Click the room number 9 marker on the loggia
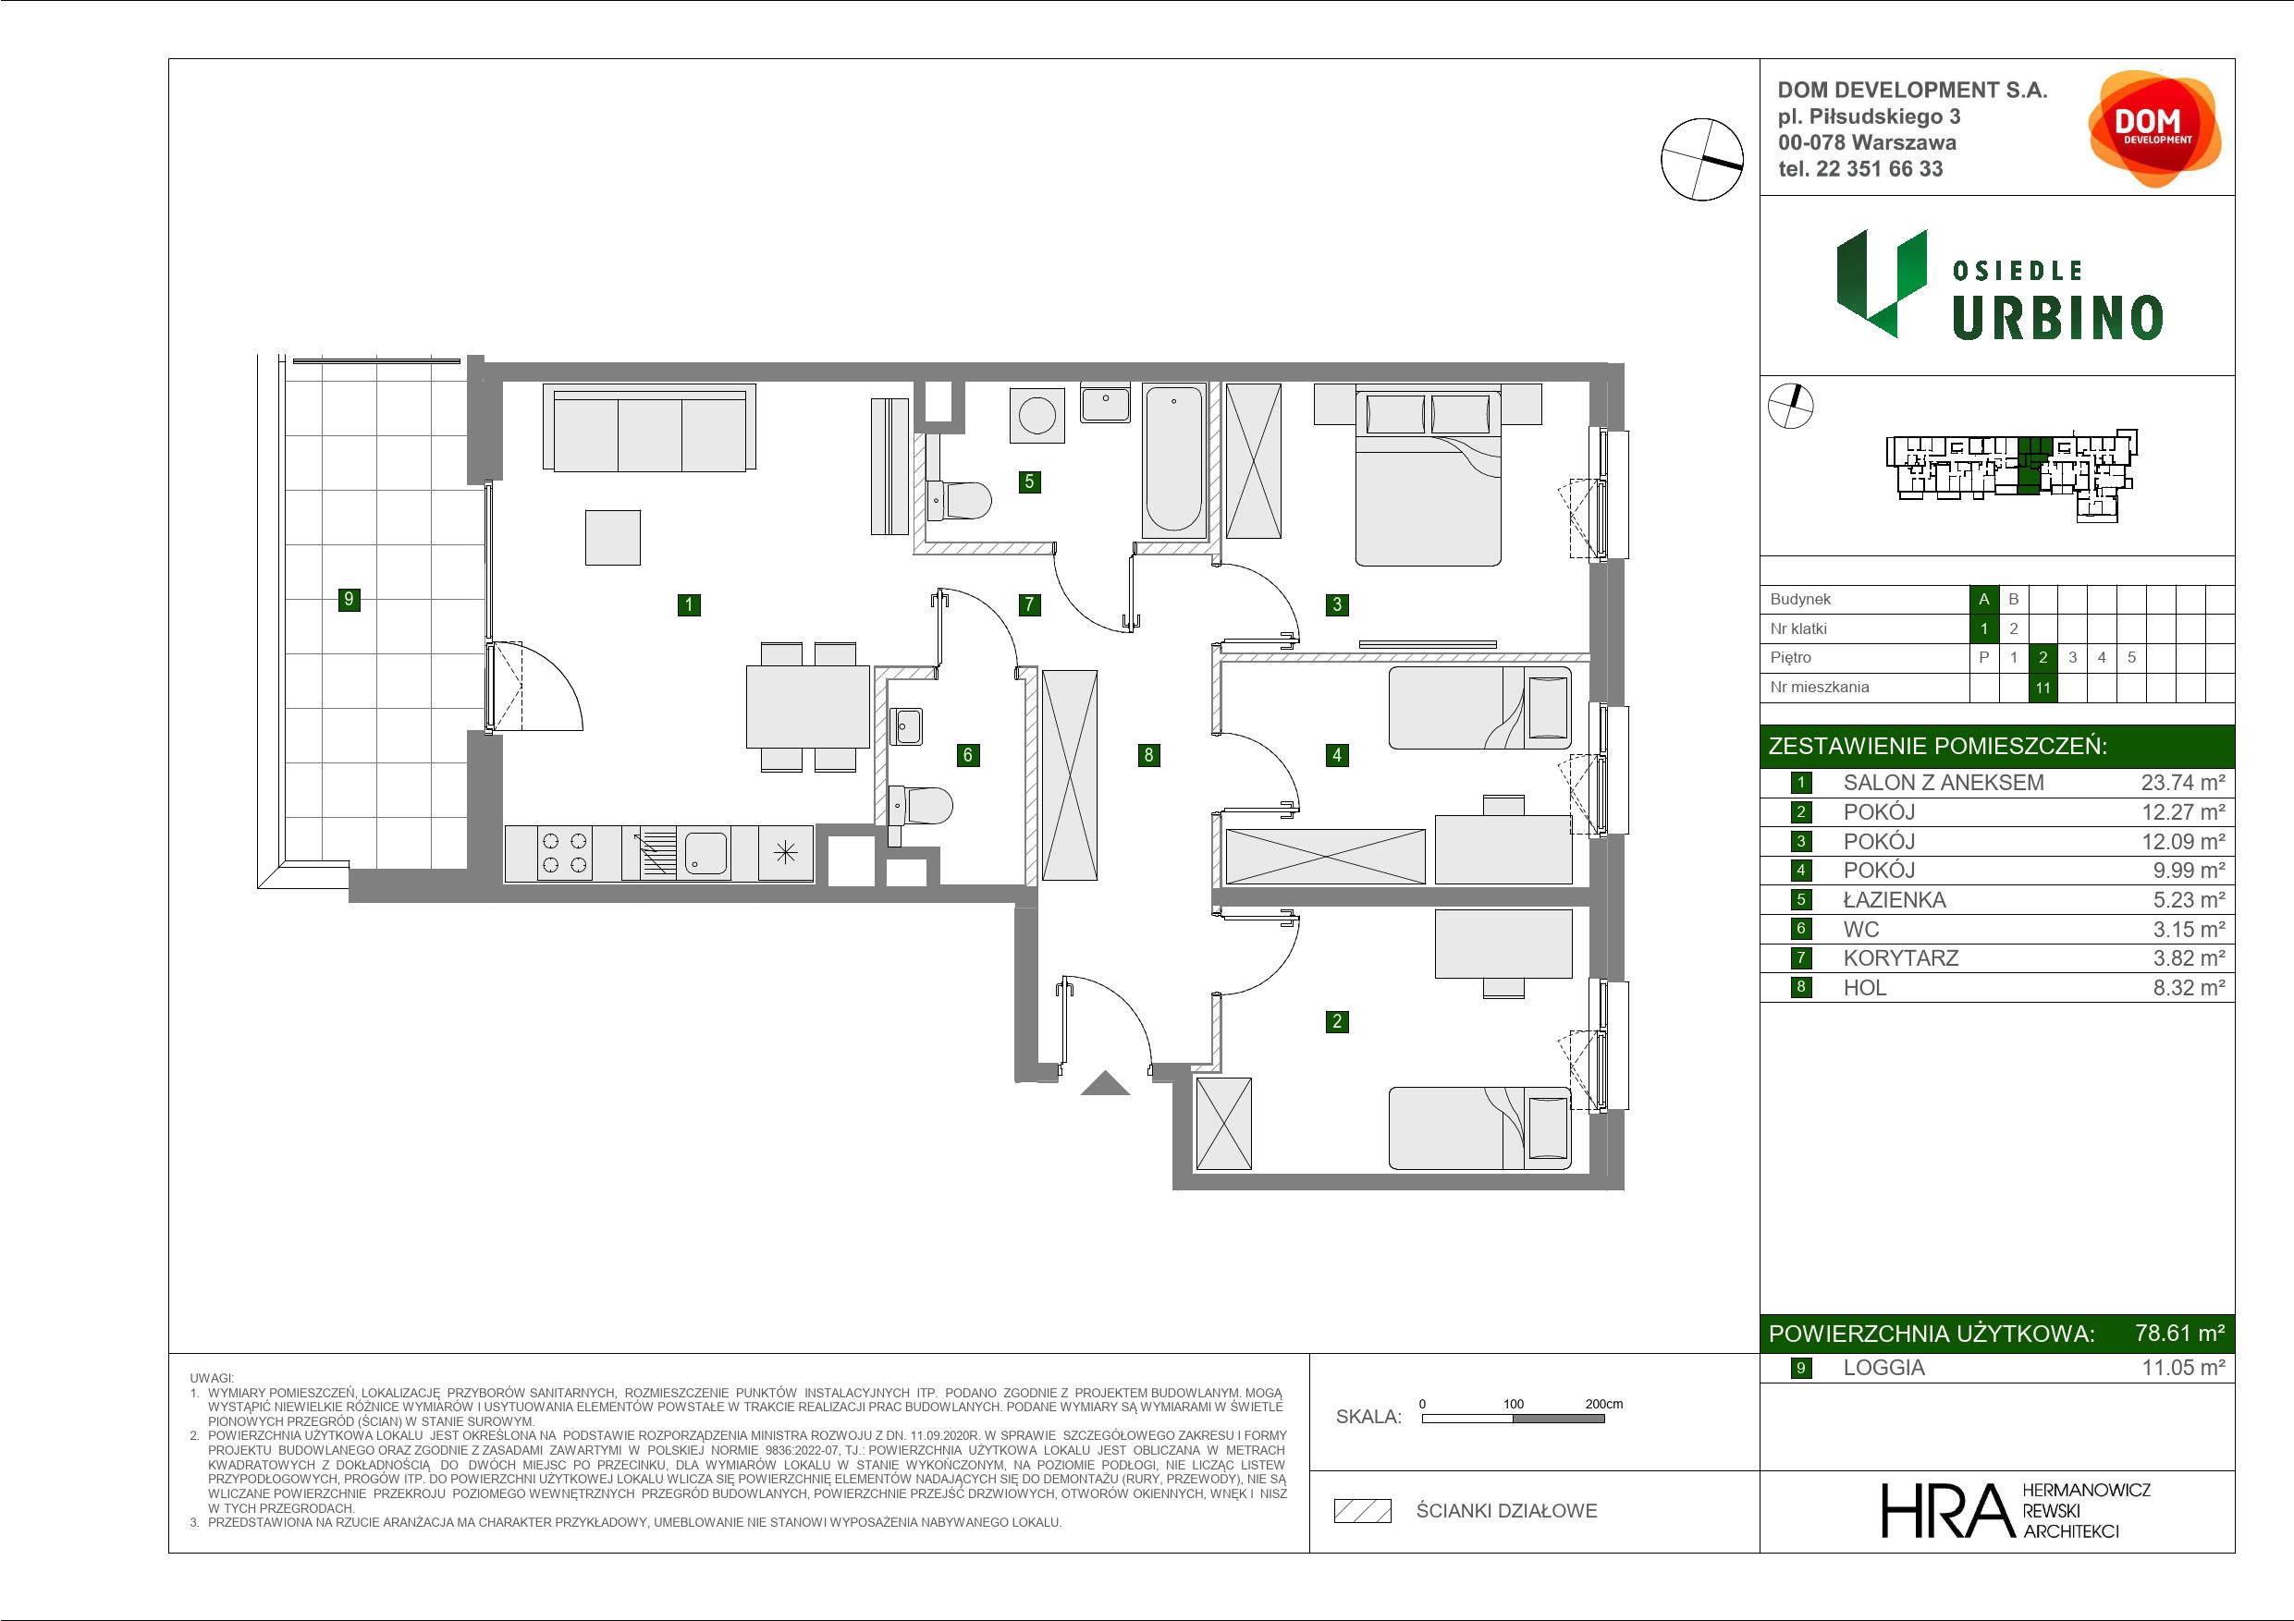point(349,599)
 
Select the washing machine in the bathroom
point(1037,414)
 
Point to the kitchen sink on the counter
point(705,853)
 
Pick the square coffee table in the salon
point(612,537)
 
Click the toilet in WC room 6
point(920,805)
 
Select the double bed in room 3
point(1428,479)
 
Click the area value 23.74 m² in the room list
point(2183,783)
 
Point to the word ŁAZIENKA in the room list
point(1895,900)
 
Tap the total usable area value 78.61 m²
point(2179,1333)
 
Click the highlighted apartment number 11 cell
point(2043,688)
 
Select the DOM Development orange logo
point(2154,128)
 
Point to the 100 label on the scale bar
point(1513,1403)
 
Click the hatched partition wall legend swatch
point(1363,1511)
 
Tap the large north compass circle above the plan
point(1702,160)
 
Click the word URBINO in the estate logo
point(2057,319)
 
